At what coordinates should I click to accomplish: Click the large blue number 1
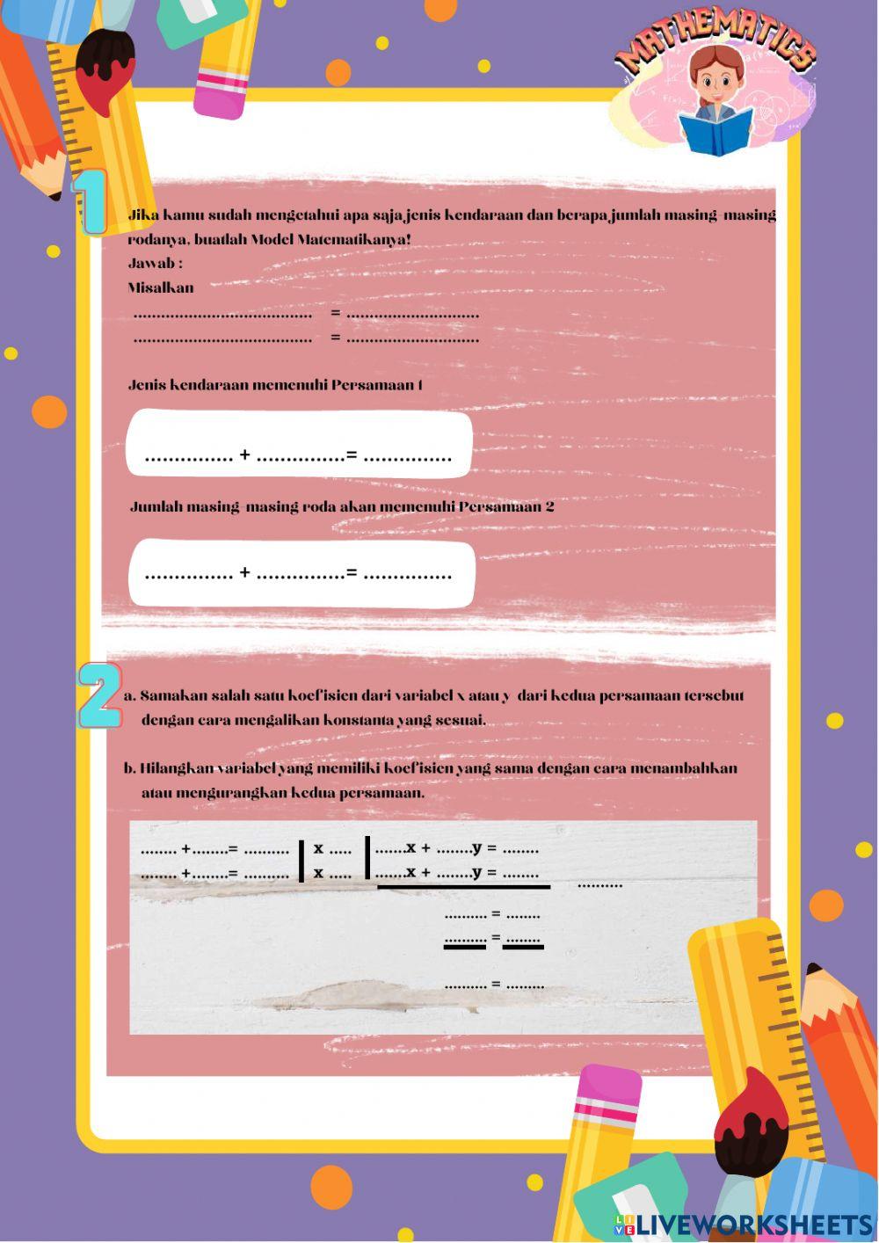pyautogui.click(x=90, y=203)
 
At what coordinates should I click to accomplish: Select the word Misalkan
pyautogui.click(x=161, y=287)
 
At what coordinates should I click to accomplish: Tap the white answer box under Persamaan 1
pyautogui.click(x=299, y=443)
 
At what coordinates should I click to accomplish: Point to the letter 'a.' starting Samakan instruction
pyautogui.click(x=129, y=696)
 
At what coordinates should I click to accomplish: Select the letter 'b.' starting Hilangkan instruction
pyautogui.click(x=129, y=768)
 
